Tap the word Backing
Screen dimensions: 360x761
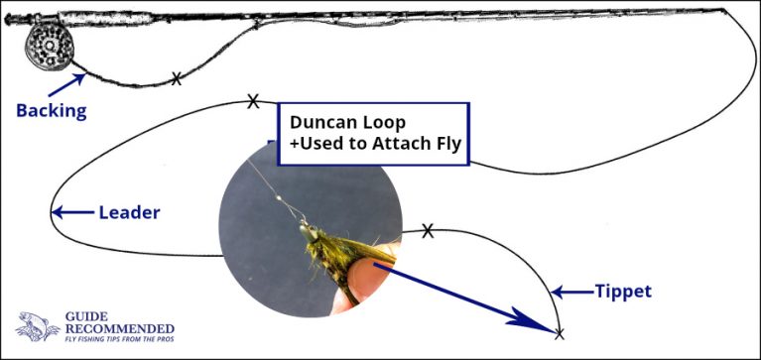pyautogui.click(x=51, y=110)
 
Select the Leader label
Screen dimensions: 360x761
pyautogui.click(x=129, y=212)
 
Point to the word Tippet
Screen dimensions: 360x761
pyautogui.click(x=622, y=292)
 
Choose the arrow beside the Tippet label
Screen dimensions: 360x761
pyautogui.click(x=570, y=292)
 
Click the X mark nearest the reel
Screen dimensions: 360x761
pyautogui.click(x=177, y=77)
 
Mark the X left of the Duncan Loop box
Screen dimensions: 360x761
pyautogui.click(x=253, y=100)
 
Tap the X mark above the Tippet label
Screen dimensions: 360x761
pyautogui.click(x=428, y=231)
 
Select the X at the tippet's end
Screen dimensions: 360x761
pyautogui.click(x=559, y=331)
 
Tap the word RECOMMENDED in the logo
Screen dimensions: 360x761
pyautogui.click(x=117, y=328)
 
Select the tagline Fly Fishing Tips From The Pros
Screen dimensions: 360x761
pyautogui.click(x=117, y=340)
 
